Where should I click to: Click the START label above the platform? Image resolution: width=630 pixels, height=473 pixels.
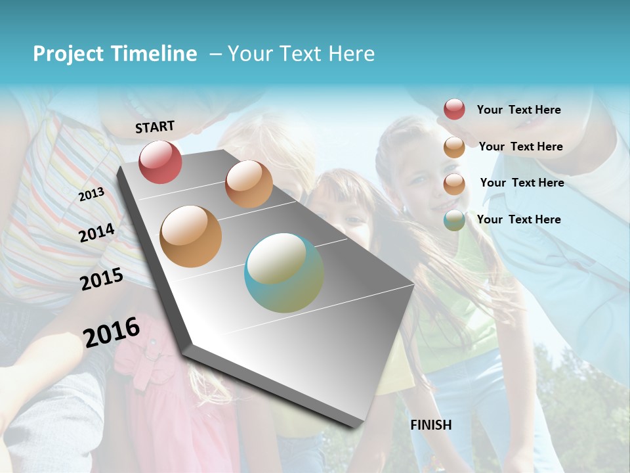[155, 127]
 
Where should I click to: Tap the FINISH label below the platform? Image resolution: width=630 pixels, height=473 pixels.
[431, 425]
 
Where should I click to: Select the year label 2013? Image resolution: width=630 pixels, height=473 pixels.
[91, 194]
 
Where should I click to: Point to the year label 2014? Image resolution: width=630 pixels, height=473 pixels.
[97, 233]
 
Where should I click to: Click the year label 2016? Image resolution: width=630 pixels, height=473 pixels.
[112, 332]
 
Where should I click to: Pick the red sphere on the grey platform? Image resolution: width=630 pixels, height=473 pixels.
[160, 162]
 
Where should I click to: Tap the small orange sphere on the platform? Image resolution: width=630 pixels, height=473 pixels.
[249, 184]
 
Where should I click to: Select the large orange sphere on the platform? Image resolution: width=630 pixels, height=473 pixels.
[191, 236]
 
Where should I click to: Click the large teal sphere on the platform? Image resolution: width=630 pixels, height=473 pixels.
[284, 273]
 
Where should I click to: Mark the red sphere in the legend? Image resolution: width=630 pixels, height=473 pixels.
[454, 109]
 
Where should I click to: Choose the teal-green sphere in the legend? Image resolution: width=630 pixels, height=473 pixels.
[454, 220]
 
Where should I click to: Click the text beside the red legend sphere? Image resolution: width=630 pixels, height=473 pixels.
[518, 110]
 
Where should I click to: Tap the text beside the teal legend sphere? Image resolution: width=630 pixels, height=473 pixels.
[518, 219]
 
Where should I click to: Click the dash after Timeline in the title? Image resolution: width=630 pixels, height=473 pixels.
[215, 55]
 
